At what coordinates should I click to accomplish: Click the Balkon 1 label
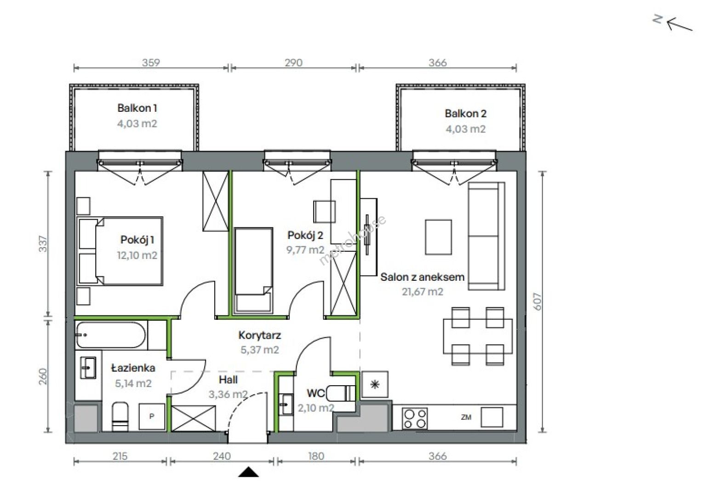pos(137,108)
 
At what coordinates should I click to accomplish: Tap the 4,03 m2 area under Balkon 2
pos(466,129)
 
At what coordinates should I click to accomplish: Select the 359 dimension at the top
pos(151,63)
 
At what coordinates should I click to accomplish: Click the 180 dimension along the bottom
pos(316,456)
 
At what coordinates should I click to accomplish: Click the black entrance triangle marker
pos(248,472)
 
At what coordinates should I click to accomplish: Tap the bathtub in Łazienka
pos(111,335)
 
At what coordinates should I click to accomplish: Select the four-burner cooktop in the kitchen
pos(415,418)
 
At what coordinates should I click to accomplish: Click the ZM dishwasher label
pos(466,417)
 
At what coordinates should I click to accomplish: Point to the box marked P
pos(152,416)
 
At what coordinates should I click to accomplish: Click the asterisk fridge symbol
pos(375,385)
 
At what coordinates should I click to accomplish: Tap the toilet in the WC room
pos(341,393)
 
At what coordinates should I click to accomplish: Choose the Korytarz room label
pos(259,335)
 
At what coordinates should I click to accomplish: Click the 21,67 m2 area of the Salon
pos(423,291)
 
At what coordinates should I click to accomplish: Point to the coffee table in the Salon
pos(438,237)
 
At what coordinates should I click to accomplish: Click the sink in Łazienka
pos(88,367)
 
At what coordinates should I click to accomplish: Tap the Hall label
pos(228,380)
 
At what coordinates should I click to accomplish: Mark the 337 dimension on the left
pos(43,243)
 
